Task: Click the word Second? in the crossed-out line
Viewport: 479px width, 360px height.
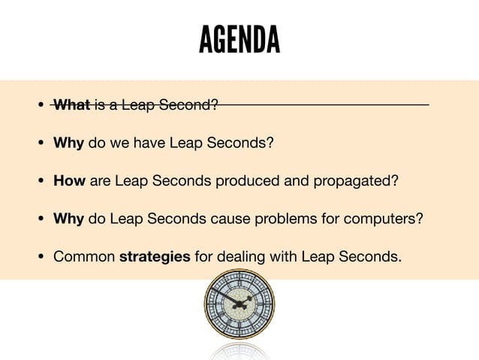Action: (x=192, y=104)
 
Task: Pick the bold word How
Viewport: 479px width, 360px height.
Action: (x=69, y=181)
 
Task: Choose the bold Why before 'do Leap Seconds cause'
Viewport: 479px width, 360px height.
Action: (x=68, y=219)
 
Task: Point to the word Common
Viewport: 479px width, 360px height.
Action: (x=83, y=257)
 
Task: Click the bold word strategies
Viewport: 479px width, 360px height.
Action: (x=155, y=257)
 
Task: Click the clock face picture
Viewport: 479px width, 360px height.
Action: (x=239, y=304)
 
